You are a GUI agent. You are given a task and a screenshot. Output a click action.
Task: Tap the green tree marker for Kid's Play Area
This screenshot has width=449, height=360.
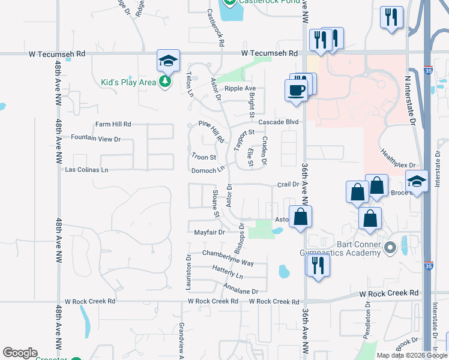[x=166, y=82]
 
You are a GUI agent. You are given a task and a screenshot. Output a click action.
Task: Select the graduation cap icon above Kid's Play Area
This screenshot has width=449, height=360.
[x=168, y=61]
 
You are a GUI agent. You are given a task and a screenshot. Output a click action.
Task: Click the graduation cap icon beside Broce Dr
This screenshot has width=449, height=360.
[x=417, y=181]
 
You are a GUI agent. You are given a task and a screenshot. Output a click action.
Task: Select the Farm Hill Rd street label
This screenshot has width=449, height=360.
[x=113, y=124]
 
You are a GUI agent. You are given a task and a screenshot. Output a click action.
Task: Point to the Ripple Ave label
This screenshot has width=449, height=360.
[x=240, y=88]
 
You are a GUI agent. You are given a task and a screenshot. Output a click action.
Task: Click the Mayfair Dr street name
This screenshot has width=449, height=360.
[x=209, y=232]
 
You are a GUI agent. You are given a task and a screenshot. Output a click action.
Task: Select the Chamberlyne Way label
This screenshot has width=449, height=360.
[x=228, y=259]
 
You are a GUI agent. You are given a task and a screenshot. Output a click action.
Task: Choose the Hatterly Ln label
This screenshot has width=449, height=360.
[x=228, y=274]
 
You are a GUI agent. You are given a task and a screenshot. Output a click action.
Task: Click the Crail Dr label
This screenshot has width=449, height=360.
[x=288, y=184]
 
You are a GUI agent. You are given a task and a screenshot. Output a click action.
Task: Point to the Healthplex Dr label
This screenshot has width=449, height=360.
[x=397, y=159]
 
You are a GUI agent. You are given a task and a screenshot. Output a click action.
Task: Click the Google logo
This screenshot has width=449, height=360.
[x=20, y=353]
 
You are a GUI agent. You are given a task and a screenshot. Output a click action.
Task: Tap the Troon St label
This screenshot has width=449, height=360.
[x=203, y=157]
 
